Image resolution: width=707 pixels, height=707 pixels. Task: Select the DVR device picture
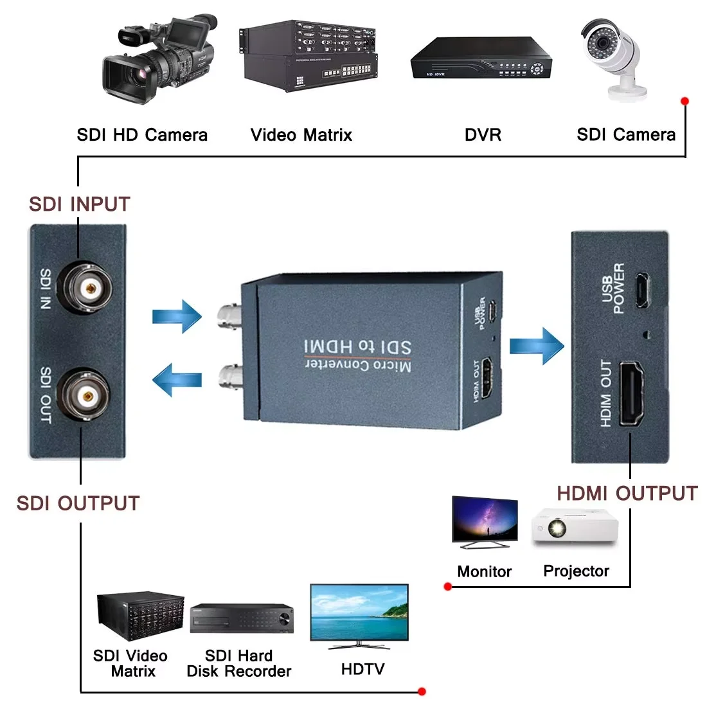481,58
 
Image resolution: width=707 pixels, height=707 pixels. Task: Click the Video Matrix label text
301,135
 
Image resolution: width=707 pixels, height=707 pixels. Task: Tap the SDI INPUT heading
80,204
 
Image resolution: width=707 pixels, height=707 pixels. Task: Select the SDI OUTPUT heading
78,503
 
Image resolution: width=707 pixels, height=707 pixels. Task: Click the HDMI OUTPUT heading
627,494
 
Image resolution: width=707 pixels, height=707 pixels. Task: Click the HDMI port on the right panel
631,394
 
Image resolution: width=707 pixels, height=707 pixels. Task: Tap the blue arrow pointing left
177,379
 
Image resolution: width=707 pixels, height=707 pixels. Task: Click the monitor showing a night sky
485,521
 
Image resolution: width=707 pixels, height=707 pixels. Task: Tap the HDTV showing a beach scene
359,614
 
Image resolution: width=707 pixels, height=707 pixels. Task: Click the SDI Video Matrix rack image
140,615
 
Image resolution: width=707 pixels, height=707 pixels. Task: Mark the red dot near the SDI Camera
685,101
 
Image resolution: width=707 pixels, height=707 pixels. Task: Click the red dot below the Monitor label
448,586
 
